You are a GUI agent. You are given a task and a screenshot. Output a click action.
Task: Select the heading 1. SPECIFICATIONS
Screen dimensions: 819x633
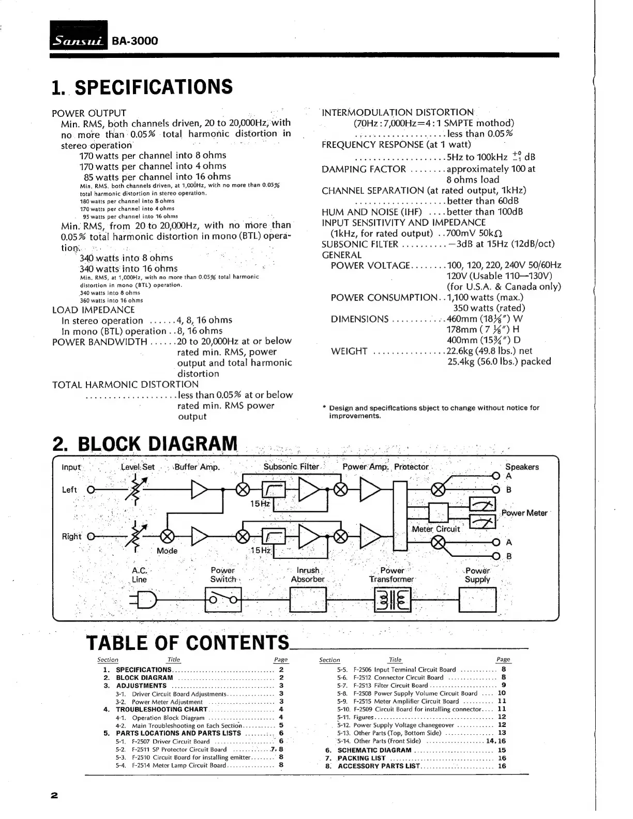coord(142,87)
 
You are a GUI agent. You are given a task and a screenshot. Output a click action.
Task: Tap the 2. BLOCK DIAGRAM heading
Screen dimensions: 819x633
coord(145,444)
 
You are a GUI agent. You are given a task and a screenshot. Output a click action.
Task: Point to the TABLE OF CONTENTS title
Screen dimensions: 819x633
coord(187,642)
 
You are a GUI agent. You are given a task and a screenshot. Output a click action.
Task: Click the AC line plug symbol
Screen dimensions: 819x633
coord(143,600)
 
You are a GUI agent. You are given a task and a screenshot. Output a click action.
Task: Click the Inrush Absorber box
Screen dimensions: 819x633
coord(308,600)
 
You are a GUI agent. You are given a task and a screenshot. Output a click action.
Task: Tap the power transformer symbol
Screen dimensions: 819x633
coord(392,600)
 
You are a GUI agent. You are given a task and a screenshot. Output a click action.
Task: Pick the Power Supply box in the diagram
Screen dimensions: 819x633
coord(477,600)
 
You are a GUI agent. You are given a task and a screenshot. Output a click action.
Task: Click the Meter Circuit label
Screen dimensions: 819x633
coord(435,529)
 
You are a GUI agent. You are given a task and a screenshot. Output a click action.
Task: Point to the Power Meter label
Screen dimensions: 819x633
coord(524,513)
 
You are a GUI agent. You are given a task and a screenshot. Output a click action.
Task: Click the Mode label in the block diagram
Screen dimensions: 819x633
coord(167,551)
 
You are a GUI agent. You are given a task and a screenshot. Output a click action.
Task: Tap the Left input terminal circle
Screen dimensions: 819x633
coord(91,490)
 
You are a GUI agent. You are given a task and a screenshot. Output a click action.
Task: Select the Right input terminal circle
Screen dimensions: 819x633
coord(91,536)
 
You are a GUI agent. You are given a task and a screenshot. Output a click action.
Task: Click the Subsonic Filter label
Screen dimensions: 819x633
coord(291,467)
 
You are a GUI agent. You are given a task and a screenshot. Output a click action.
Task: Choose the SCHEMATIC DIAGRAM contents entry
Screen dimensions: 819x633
coord(374,750)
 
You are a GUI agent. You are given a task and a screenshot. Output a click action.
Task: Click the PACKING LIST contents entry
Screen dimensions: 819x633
coord(361,758)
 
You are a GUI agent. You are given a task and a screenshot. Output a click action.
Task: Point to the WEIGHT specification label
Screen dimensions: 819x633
coord(349,352)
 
